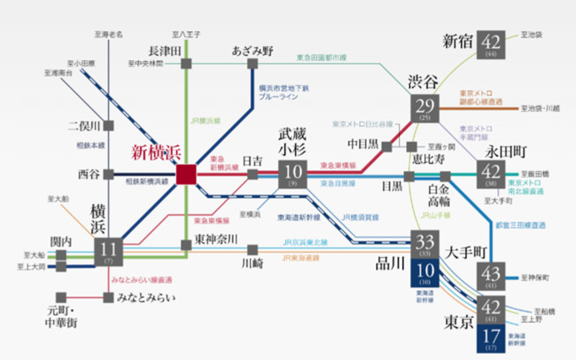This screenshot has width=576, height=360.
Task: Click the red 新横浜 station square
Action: pyautogui.click(x=186, y=175)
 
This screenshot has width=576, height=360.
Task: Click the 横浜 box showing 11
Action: pyautogui.click(x=108, y=252)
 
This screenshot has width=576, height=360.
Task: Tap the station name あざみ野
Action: pyautogui.click(x=253, y=49)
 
